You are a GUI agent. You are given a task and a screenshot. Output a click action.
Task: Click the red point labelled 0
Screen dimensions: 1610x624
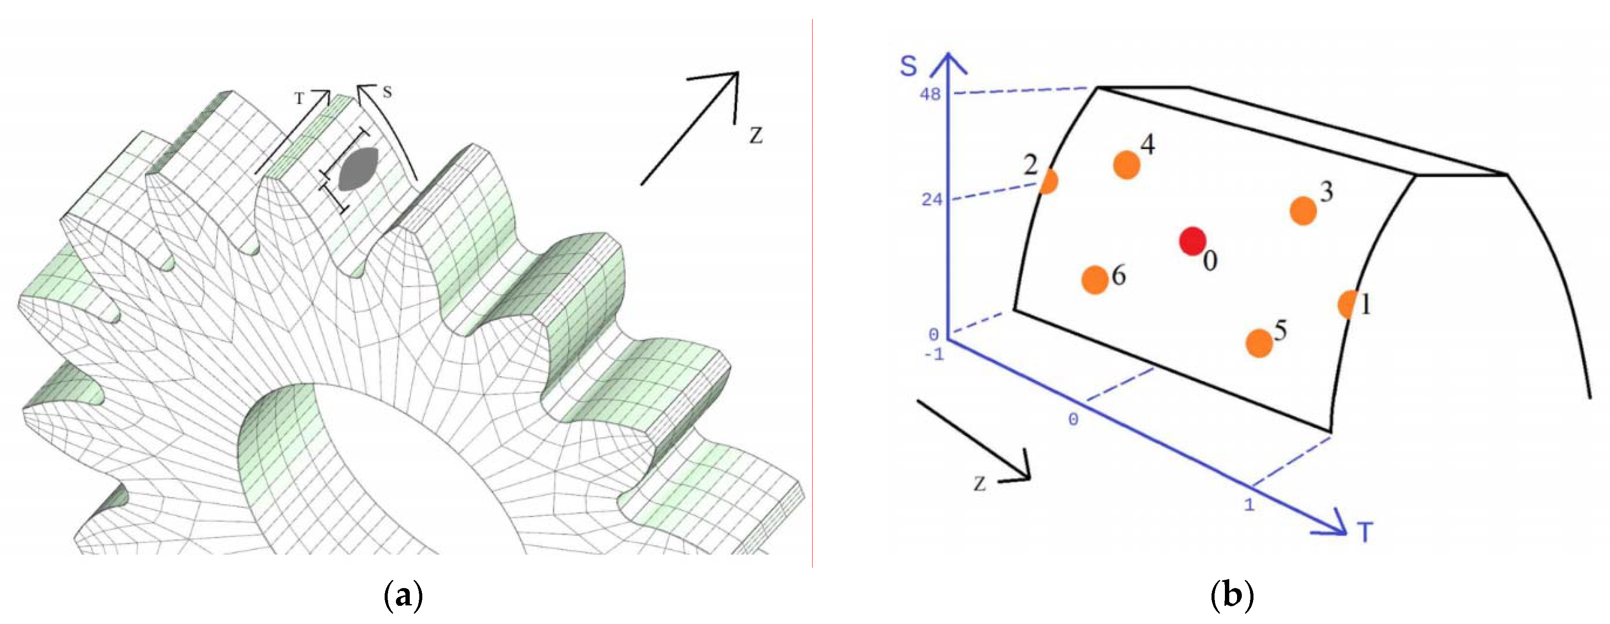click(1192, 241)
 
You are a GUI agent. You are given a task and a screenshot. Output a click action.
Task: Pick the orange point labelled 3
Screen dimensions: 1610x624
click(1303, 211)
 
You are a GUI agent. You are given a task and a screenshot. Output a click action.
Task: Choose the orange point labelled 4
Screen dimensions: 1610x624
click(1127, 165)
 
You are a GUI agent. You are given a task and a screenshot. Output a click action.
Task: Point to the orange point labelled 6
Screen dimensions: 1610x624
click(1095, 279)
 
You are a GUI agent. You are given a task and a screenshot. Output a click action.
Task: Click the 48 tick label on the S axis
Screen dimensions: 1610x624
click(930, 95)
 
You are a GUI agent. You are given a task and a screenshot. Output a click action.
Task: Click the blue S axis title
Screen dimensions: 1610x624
click(909, 66)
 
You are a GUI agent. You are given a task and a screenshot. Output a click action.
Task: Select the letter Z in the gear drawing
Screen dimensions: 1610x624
click(756, 136)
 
